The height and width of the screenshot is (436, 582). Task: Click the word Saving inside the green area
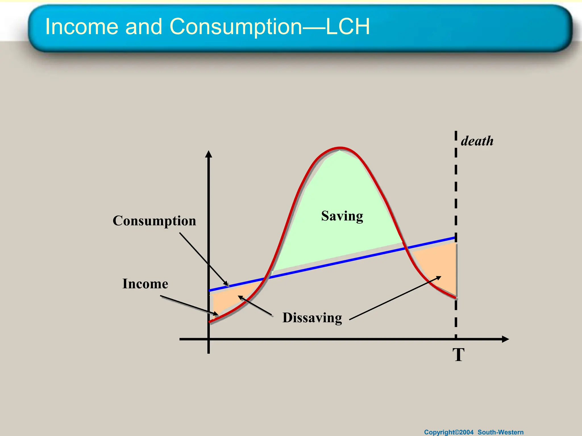(x=342, y=216)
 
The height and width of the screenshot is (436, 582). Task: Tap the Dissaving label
(x=312, y=318)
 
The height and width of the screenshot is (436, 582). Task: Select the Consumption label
(x=154, y=221)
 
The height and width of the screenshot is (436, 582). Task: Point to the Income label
(x=145, y=284)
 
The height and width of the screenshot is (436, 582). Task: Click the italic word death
(x=477, y=141)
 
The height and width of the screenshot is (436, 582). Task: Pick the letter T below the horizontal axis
(x=458, y=355)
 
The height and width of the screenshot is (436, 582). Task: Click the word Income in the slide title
(x=82, y=26)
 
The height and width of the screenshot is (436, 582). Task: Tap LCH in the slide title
(x=348, y=26)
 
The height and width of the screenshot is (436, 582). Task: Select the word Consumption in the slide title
(x=236, y=27)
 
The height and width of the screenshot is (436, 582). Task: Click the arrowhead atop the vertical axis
(x=209, y=154)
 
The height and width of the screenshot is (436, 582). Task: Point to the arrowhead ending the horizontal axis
(x=505, y=339)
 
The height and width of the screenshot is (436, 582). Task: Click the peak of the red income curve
(x=340, y=148)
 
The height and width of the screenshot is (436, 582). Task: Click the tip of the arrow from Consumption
(x=228, y=285)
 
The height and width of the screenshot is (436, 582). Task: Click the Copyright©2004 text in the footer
(x=449, y=432)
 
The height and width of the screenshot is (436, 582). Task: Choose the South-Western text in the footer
(x=500, y=432)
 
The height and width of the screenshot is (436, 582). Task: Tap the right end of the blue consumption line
(x=455, y=238)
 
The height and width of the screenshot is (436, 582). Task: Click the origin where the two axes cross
(x=209, y=339)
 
